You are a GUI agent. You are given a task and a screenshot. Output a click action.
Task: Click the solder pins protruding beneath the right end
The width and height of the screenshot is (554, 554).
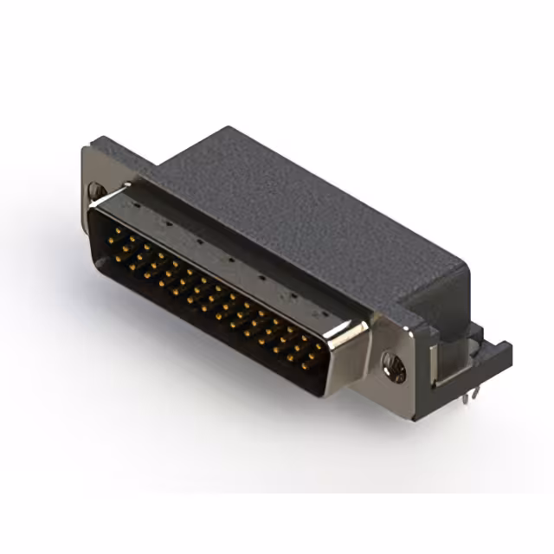467,395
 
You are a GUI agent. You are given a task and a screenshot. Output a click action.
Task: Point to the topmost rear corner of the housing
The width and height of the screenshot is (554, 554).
227,128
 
